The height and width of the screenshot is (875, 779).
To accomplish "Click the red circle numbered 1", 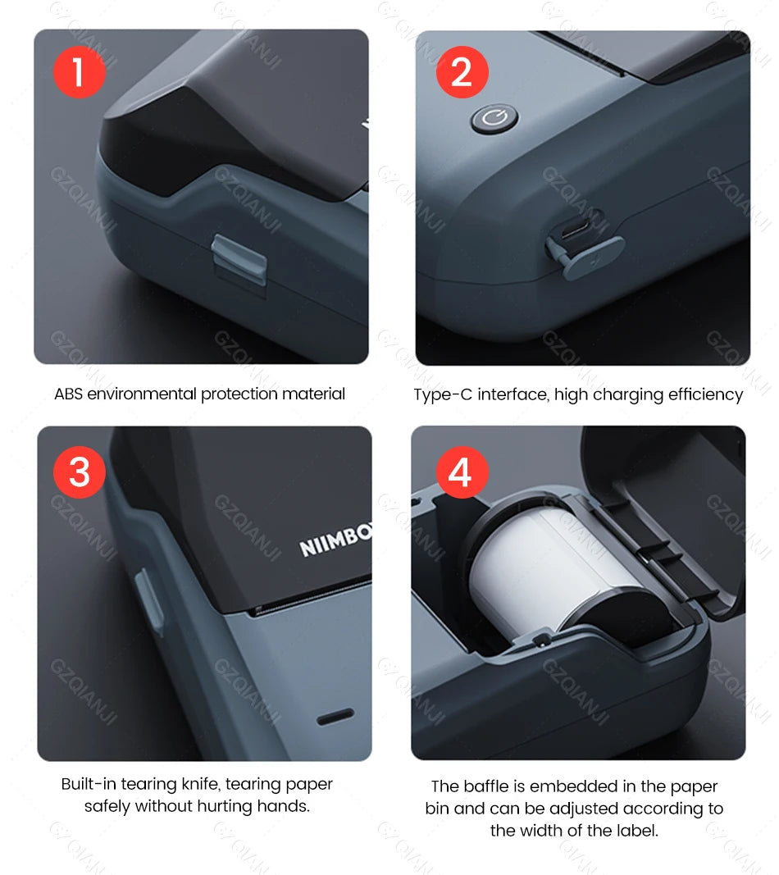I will click(80, 73).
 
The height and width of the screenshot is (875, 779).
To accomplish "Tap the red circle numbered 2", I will click(462, 73).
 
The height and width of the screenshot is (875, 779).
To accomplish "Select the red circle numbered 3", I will click(80, 472).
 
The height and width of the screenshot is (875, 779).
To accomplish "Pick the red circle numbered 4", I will click(462, 472).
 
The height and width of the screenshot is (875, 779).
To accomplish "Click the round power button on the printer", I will click(494, 120).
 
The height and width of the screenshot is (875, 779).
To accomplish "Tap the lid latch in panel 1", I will click(239, 258).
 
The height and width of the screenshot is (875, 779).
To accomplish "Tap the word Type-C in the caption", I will click(443, 395).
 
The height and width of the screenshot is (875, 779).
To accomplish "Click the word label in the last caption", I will click(635, 831).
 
